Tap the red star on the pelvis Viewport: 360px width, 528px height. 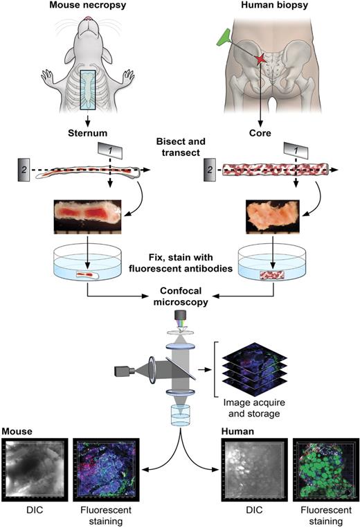point(260,61)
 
